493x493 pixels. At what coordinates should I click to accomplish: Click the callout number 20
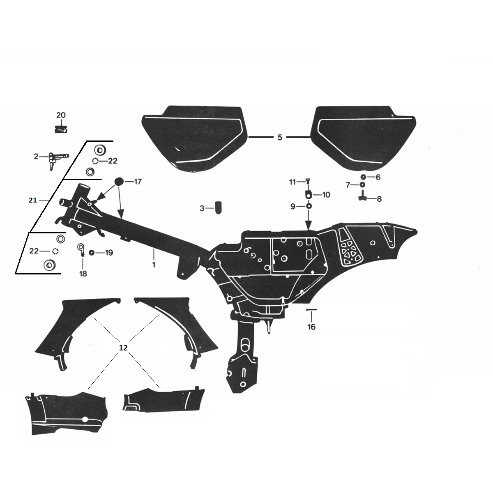[x=61, y=115]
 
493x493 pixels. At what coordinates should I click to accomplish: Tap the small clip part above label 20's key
[x=61, y=129]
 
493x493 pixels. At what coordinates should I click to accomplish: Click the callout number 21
[x=33, y=200]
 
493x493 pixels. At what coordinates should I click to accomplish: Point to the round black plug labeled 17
[x=118, y=181]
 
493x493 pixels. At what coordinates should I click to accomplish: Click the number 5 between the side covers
[x=280, y=137]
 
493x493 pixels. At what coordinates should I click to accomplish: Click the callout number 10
[x=326, y=194]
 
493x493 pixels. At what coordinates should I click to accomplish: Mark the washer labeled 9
[x=308, y=206]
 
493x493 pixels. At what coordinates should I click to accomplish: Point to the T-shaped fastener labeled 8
[x=362, y=198]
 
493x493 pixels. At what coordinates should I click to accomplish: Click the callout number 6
[x=378, y=177]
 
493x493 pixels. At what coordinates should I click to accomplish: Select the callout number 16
[x=311, y=327]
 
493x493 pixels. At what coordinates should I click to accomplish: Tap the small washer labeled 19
[x=91, y=252]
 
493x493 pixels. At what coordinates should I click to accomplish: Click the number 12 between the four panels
[x=123, y=348]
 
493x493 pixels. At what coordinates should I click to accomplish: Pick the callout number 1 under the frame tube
[x=154, y=265]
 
